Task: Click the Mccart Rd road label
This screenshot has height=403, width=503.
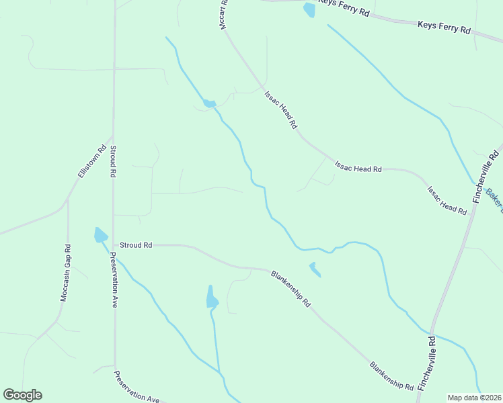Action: tap(224, 13)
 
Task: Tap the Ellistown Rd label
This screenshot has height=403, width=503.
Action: tap(92, 161)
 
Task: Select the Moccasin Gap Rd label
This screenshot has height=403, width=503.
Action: tap(66, 272)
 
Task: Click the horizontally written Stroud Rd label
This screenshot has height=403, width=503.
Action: tap(136, 245)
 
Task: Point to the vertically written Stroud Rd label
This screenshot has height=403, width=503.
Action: tap(113, 161)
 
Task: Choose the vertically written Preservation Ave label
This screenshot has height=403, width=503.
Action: tap(114, 279)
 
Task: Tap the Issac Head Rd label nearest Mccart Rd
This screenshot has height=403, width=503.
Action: tap(280, 109)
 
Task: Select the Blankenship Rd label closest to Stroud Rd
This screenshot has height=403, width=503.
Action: tap(291, 288)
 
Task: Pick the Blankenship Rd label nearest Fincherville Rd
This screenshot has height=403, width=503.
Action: tap(391, 376)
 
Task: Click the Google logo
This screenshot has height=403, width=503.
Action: tap(22, 395)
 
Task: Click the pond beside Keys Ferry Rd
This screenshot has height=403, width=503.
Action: tap(309, 9)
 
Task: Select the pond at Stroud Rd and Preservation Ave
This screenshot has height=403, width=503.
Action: tap(100, 235)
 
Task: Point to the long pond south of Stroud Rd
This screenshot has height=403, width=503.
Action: tap(212, 297)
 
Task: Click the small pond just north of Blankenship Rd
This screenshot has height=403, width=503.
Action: tap(314, 269)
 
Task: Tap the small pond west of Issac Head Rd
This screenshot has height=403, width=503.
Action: tap(209, 103)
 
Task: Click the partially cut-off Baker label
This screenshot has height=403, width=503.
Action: tap(494, 197)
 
